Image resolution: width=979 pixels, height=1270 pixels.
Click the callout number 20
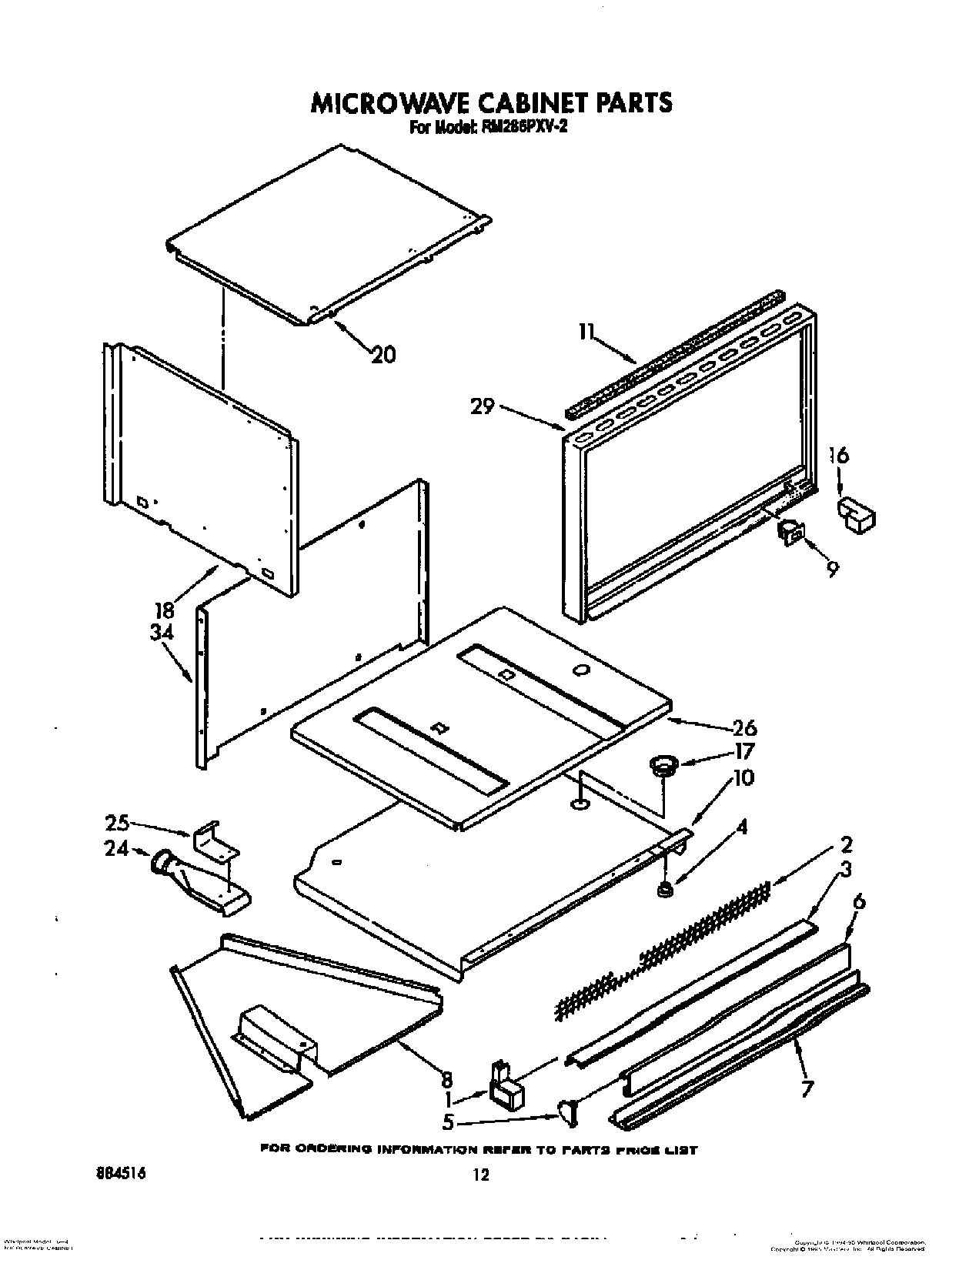point(383,354)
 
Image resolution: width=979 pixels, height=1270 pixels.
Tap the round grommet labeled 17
point(663,765)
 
